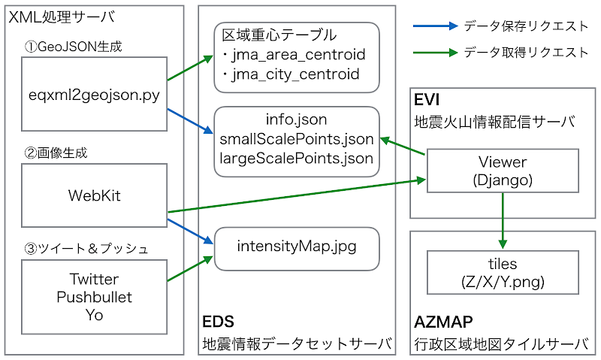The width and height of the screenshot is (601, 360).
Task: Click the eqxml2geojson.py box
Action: (x=95, y=94)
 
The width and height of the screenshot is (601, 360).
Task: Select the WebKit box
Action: (x=95, y=195)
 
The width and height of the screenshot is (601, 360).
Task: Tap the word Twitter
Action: (x=95, y=279)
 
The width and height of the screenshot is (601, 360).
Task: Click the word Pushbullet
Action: (x=95, y=297)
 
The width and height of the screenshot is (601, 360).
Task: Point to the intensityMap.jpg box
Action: (x=297, y=249)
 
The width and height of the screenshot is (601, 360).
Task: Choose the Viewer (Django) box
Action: (x=503, y=171)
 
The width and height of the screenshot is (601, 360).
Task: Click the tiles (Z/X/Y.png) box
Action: (x=503, y=273)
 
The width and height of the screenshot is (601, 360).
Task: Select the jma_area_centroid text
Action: (x=298, y=55)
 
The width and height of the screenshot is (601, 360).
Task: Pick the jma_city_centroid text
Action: (x=295, y=74)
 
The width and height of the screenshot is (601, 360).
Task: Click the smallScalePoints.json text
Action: (x=297, y=139)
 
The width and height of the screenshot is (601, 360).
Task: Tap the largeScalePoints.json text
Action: (x=297, y=158)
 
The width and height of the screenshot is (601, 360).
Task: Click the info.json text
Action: (x=296, y=119)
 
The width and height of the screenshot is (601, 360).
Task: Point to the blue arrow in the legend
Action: (x=436, y=26)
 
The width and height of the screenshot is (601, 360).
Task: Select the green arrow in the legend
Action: (x=436, y=53)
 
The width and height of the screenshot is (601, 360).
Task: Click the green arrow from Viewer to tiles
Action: (x=503, y=220)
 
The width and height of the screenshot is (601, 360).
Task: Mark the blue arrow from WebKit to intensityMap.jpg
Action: (x=191, y=231)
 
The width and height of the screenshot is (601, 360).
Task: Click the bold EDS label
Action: (x=218, y=321)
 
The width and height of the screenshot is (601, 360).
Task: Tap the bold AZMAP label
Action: (x=443, y=322)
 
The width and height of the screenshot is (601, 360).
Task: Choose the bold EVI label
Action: (x=427, y=100)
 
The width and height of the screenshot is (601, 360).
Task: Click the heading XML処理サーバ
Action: (x=62, y=17)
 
